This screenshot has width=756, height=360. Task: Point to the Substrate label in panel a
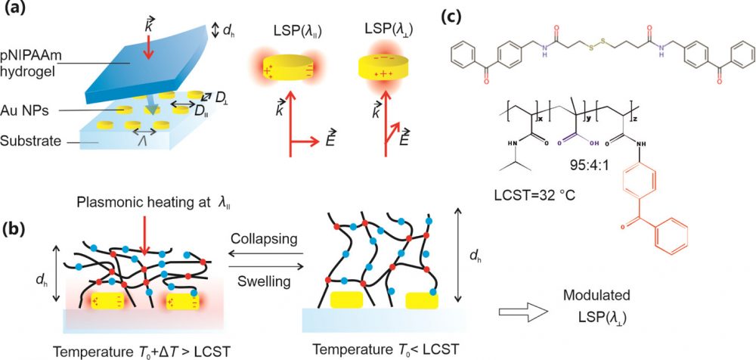33,140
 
